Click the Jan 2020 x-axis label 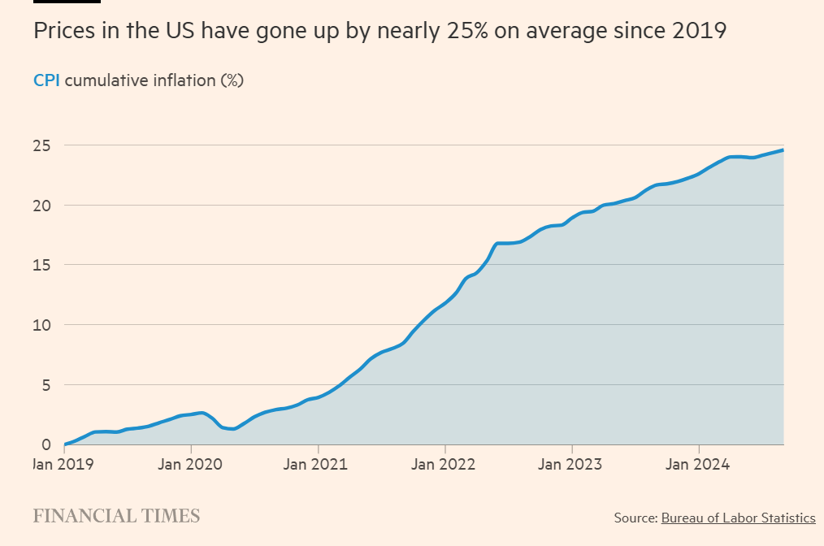[191, 465]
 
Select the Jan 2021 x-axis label [318, 465]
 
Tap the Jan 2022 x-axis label [445, 465]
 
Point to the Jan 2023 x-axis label [572, 465]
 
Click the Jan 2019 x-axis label [64, 465]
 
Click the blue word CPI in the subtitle [46, 80]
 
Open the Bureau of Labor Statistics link [738, 518]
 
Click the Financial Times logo [116, 516]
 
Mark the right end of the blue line [783, 149]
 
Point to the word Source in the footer [635, 518]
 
